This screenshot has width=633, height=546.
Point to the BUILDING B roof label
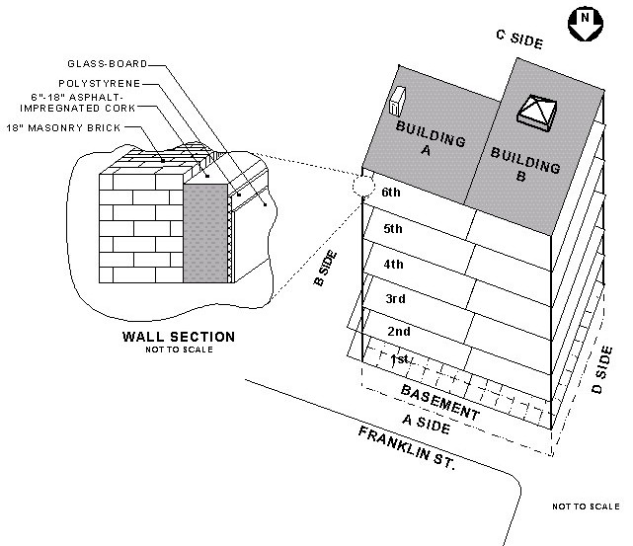tap(523, 162)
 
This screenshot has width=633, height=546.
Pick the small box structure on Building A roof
tap(397, 101)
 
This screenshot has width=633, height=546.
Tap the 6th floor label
tap(392, 195)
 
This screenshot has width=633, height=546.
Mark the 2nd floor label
tap(399, 332)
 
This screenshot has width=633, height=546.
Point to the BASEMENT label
tap(440, 402)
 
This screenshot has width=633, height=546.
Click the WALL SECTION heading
tap(178, 337)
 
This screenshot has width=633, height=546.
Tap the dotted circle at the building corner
tap(362, 184)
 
